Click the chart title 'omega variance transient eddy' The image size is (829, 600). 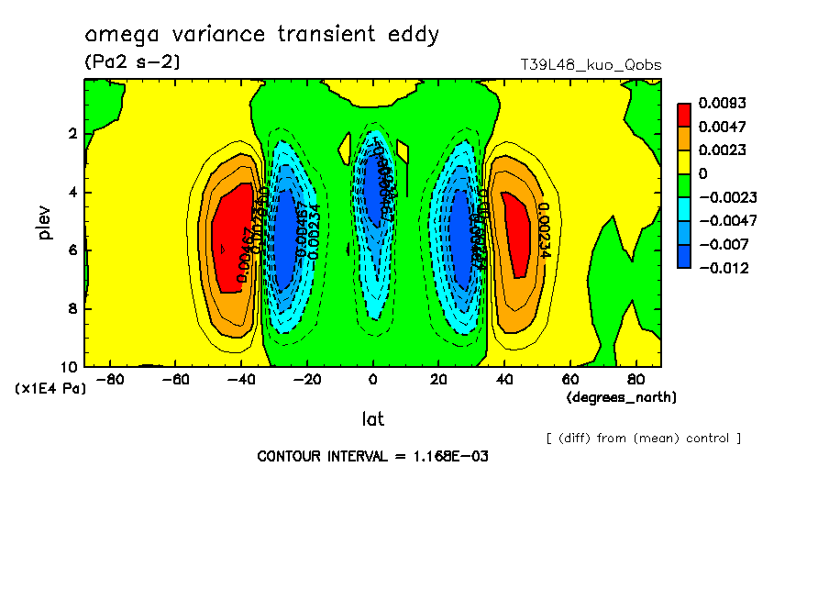coord(262,36)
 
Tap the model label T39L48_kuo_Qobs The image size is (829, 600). coord(591,65)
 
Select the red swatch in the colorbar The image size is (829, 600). coord(684,114)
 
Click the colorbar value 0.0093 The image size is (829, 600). coord(724,103)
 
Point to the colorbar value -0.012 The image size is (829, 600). coord(724,268)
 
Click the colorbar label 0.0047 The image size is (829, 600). coord(724,127)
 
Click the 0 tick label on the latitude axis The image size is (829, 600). coord(372,379)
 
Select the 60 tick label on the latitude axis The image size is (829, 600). coord(569,379)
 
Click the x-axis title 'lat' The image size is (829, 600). coord(372,419)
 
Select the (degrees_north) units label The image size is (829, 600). coord(622,397)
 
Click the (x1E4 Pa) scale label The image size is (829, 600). coord(50,389)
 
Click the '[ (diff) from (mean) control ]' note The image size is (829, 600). coord(644,439)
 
